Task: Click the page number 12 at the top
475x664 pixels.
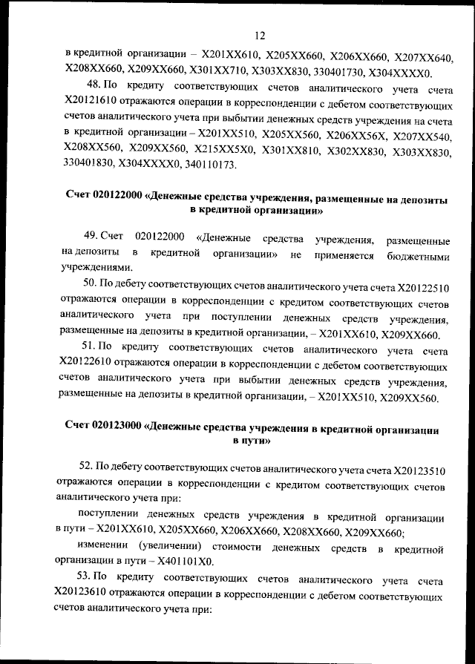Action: click(260, 35)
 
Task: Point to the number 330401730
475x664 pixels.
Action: click(355, 72)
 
